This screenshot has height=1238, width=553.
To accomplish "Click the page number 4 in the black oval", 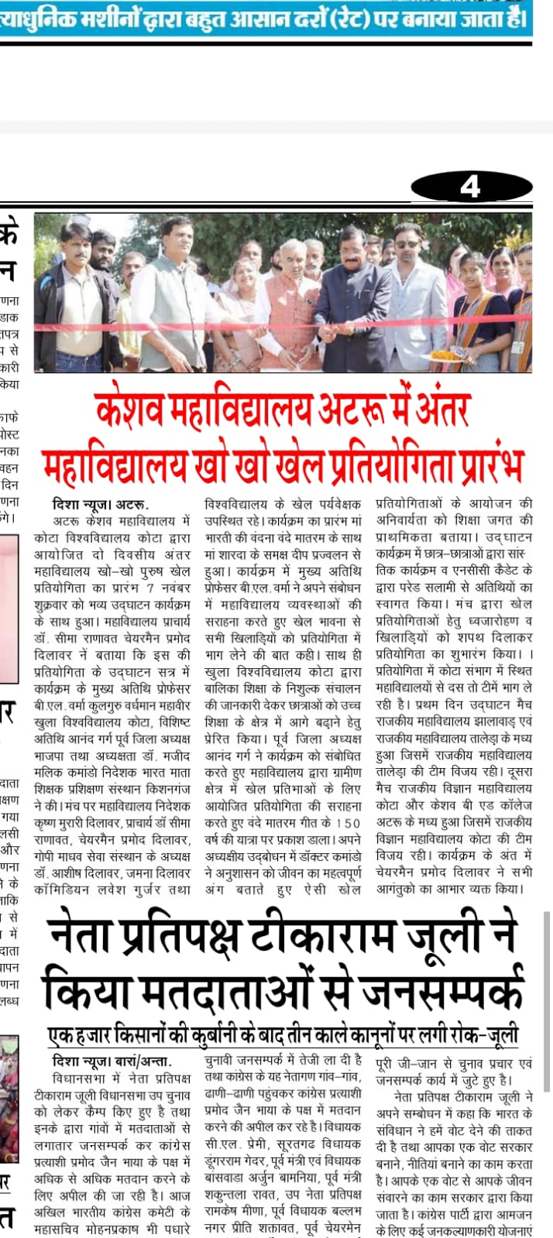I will click(x=470, y=187).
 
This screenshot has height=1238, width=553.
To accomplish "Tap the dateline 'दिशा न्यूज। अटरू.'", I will click(x=100, y=504).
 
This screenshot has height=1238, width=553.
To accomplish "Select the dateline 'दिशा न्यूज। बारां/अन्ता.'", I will click(x=112, y=1061).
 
